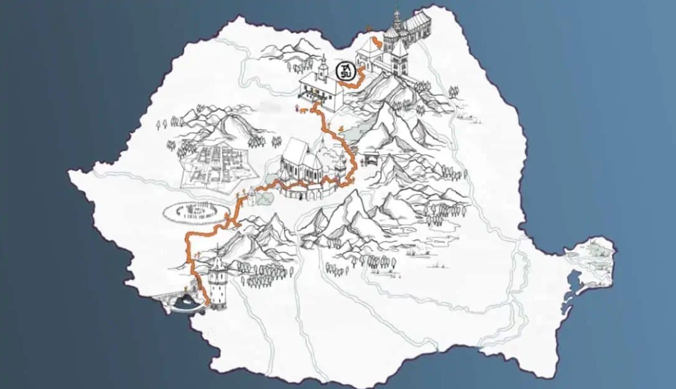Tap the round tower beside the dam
(x=216, y=279)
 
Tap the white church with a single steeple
(x=321, y=85)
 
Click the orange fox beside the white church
(x=304, y=111)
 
